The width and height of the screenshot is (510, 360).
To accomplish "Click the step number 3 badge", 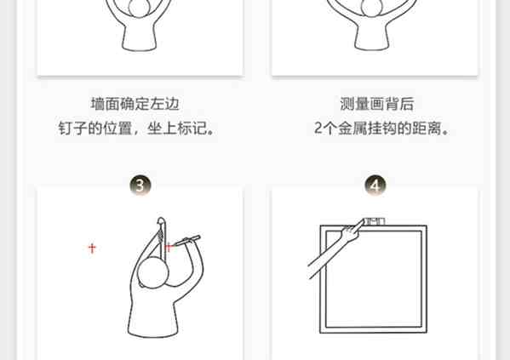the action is [x=140, y=186].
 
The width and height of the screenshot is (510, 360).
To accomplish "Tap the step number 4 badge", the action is [x=375, y=186].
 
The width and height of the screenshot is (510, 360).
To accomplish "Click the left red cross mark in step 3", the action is [x=92, y=249].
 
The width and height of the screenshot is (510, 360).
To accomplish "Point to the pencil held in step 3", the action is [x=186, y=242].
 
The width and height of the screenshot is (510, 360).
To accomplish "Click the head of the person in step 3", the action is [x=153, y=272].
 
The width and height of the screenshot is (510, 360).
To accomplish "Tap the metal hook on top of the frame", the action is [x=375, y=221].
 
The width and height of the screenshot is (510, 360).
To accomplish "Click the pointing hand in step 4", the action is [x=352, y=231].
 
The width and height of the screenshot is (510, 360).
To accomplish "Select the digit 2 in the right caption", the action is [x=318, y=129].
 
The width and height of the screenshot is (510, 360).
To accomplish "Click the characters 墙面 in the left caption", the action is [x=105, y=104].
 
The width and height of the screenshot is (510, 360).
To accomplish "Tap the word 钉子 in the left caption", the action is [x=73, y=129].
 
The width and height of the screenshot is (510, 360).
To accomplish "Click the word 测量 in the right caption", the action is [x=354, y=104].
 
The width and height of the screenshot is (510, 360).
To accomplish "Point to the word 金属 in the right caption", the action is [x=352, y=129].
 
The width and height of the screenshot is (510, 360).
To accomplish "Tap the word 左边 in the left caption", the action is [x=164, y=104].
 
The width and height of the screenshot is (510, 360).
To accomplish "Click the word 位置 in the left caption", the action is [x=117, y=129].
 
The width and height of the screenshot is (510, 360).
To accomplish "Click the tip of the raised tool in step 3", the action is [x=161, y=220].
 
